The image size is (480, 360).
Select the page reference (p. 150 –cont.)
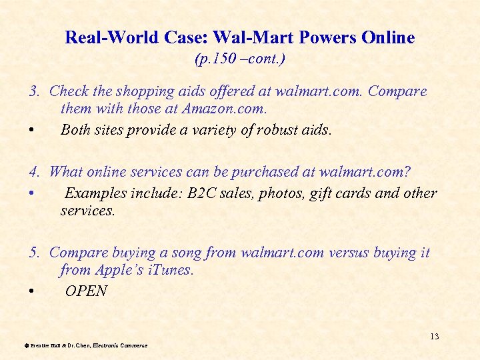click(x=240, y=59)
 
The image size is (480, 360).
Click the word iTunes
click(x=172, y=270)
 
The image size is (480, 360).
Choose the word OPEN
click(x=86, y=291)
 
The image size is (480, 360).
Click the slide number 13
click(x=434, y=336)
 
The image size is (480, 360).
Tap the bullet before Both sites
click(x=32, y=131)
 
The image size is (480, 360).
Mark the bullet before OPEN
click(x=32, y=292)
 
